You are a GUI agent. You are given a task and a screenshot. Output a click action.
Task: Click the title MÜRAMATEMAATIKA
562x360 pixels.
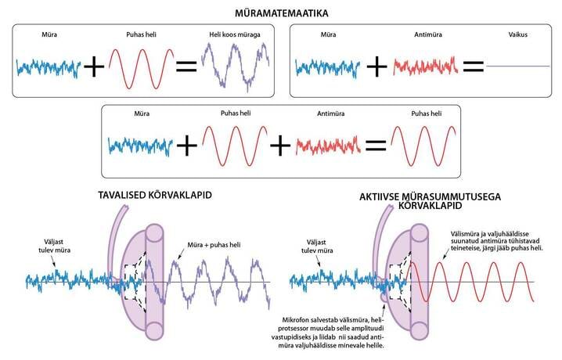coord(281,13)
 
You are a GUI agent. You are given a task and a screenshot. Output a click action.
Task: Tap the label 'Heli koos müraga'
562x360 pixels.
coord(235,34)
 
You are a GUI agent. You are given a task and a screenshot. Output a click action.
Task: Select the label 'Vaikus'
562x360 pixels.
coord(518,34)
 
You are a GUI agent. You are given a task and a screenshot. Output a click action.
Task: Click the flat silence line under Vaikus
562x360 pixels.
coord(518,66)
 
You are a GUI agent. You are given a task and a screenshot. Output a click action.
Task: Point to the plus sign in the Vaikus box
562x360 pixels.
coord(376,67)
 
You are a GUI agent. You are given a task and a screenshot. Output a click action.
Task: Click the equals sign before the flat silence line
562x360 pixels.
coord(473,67)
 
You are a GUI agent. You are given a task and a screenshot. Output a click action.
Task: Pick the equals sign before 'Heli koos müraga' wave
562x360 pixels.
coord(186,67)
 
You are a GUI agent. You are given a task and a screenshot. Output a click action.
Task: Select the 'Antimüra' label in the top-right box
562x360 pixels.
coord(428,34)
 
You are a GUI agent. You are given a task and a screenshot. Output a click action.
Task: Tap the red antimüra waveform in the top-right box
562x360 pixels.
coord(426,67)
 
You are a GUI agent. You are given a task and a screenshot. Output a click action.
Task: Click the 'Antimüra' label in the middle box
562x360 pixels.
coord(331,113)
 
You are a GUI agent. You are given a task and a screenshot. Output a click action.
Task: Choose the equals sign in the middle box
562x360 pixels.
coord(376,146)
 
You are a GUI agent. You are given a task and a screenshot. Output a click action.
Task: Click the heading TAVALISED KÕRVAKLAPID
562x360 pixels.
coord(155,195)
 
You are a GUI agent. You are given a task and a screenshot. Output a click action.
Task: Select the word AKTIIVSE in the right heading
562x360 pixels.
coord(380,197)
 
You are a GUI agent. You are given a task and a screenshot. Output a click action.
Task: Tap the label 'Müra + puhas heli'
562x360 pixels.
coord(214,245)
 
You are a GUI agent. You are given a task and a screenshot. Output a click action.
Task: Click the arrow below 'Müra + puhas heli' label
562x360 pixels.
coord(182,254)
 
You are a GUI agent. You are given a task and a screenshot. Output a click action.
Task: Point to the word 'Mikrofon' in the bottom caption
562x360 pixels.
coord(294,320)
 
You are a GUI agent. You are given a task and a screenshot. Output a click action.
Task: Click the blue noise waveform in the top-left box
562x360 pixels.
coord(49,68)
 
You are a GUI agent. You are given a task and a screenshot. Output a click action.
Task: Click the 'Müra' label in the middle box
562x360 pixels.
coord(142,113)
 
